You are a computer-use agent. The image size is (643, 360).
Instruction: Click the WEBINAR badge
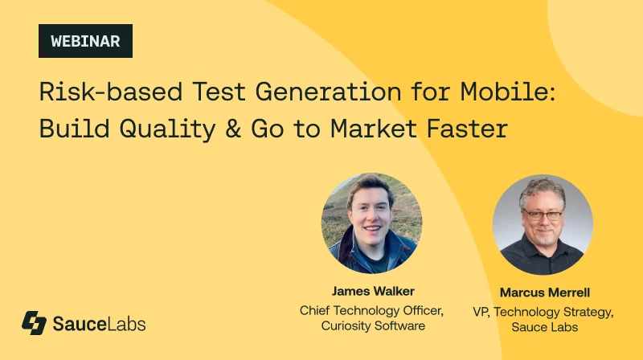point(85,41)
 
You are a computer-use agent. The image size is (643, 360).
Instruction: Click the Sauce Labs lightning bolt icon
point(34,323)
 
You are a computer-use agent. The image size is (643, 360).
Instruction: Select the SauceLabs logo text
point(99,324)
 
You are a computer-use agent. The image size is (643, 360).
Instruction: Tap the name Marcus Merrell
point(543,294)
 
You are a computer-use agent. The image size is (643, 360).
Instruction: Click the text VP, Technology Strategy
point(543,312)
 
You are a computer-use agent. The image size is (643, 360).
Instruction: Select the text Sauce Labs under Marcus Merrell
point(543,328)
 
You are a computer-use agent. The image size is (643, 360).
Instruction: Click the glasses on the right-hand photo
point(543,215)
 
